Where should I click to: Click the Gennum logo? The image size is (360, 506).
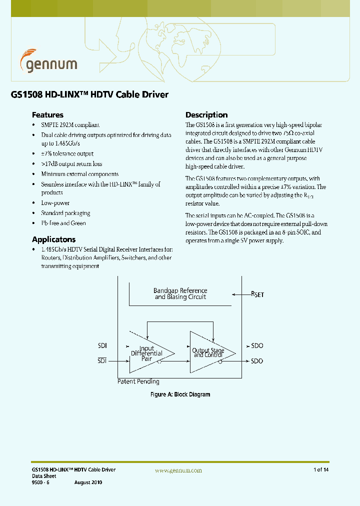48,62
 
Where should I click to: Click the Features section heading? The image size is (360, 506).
47,114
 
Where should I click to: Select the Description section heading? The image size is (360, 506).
206,114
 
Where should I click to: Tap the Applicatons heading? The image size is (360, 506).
53,239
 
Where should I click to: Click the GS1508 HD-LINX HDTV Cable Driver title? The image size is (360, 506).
89,94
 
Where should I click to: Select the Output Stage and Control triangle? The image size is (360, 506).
209,352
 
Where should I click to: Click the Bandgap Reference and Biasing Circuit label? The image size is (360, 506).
180,293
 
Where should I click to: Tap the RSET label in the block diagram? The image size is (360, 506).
257,294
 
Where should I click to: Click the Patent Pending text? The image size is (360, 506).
138,381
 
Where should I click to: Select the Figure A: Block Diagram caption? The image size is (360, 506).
180,394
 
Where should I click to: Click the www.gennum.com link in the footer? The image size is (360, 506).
178,470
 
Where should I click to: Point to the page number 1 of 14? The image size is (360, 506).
320,470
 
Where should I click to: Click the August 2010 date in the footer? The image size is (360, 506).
88,482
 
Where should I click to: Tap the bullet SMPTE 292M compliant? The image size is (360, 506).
70,125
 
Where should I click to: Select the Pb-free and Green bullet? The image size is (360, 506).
63,223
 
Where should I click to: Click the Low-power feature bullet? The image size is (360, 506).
55,203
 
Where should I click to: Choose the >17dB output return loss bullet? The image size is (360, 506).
71,163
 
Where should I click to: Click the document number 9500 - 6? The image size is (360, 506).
41,482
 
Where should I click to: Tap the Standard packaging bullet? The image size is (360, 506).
65,213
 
